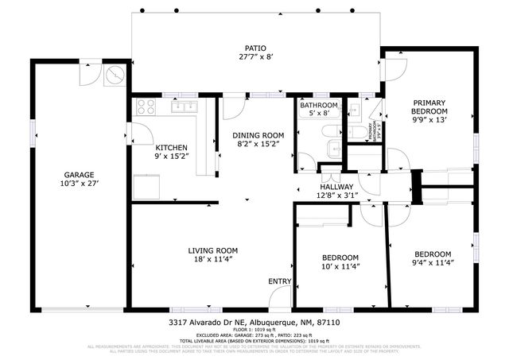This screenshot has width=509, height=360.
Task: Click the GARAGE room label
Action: tap(80, 175)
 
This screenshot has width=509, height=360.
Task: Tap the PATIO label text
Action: tap(255, 47)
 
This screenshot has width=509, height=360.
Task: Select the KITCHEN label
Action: tap(171, 147)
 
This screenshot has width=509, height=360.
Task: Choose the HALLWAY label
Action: tap(337, 186)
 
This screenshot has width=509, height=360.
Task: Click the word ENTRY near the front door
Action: tap(279, 281)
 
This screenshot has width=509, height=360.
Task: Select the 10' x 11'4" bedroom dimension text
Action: tap(340, 267)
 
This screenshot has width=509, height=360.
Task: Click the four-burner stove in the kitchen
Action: tap(144, 106)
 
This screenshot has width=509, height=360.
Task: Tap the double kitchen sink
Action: tap(185, 106)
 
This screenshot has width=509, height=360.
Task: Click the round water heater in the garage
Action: tap(115, 74)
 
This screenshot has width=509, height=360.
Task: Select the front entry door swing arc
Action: tap(279, 299)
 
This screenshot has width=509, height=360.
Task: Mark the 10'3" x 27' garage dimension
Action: tap(80, 184)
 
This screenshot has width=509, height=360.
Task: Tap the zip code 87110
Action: tap(328, 323)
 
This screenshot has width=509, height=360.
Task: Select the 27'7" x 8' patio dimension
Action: tap(255, 56)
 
